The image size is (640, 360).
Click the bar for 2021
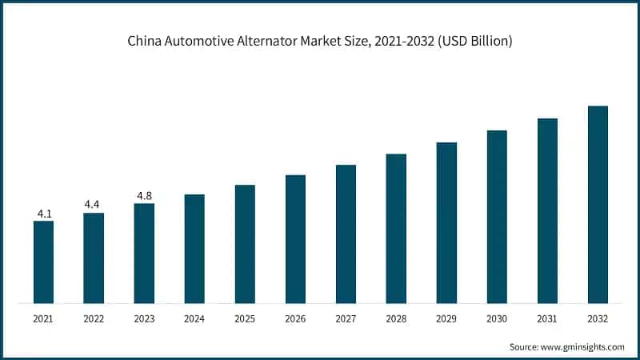point(43,262)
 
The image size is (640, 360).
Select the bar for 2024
point(194,249)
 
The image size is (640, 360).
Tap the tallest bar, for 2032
point(598,205)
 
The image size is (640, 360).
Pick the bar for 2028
point(396,229)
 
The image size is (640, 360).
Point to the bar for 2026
point(295,239)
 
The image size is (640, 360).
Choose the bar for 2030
point(497,217)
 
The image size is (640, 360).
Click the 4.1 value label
point(43,214)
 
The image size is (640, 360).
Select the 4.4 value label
point(94,205)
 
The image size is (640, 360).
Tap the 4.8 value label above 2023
point(144,195)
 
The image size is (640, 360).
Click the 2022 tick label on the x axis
point(94,318)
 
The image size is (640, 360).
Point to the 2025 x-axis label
point(245,318)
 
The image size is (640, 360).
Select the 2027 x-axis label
point(346,318)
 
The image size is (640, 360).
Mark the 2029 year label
point(446,318)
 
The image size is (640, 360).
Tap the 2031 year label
point(547,318)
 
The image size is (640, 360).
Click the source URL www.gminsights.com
point(582,346)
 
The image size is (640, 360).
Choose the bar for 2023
point(144,254)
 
